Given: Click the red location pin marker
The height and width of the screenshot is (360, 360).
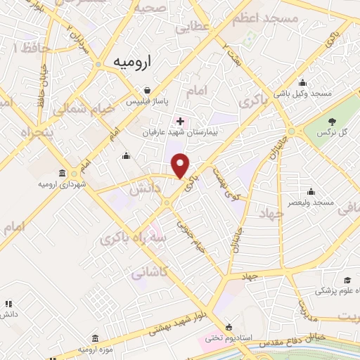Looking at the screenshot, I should pos(181,165).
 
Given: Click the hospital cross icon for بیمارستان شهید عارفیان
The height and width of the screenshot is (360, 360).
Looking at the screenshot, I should pos(181,121).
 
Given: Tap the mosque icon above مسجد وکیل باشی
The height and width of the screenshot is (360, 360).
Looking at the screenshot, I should pos(302,82).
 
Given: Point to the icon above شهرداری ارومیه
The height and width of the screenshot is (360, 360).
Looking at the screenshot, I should pos(63,174).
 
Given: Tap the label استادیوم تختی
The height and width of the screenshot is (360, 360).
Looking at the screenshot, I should pos(229,337).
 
